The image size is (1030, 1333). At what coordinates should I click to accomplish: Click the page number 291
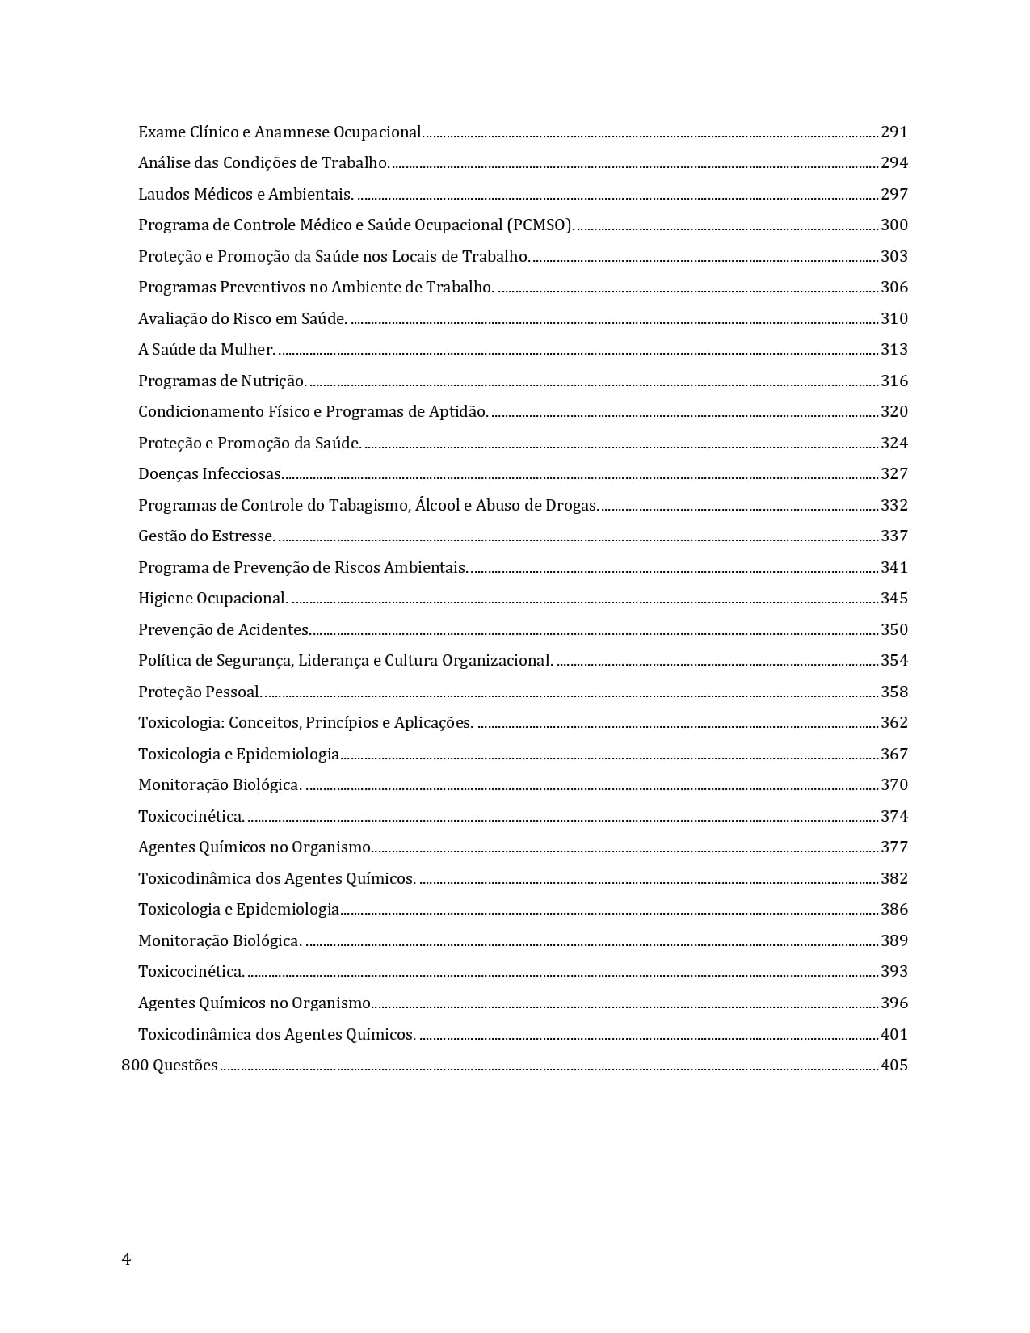click(x=894, y=132)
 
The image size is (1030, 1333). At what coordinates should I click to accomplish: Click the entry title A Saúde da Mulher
click(x=207, y=350)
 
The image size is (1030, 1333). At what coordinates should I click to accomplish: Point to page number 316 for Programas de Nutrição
click(x=894, y=381)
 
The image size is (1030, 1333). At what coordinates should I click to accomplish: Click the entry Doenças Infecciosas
click(x=210, y=474)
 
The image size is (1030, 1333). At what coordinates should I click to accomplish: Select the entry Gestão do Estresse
click(x=207, y=536)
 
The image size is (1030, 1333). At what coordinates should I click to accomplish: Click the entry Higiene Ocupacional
click(x=213, y=599)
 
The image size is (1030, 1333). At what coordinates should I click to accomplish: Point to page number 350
click(x=894, y=629)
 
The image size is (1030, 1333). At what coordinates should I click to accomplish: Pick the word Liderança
click(x=334, y=661)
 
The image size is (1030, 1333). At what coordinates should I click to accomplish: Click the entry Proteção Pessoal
click(x=200, y=692)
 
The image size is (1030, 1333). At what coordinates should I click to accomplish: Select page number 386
click(x=894, y=910)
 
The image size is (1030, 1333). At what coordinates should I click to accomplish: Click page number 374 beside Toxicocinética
click(x=894, y=816)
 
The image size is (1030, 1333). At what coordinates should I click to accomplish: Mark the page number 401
click(x=894, y=1034)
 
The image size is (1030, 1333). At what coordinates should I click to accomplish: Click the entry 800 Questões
click(x=170, y=1066)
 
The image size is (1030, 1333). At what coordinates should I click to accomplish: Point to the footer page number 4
click(x=126, y=1259)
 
